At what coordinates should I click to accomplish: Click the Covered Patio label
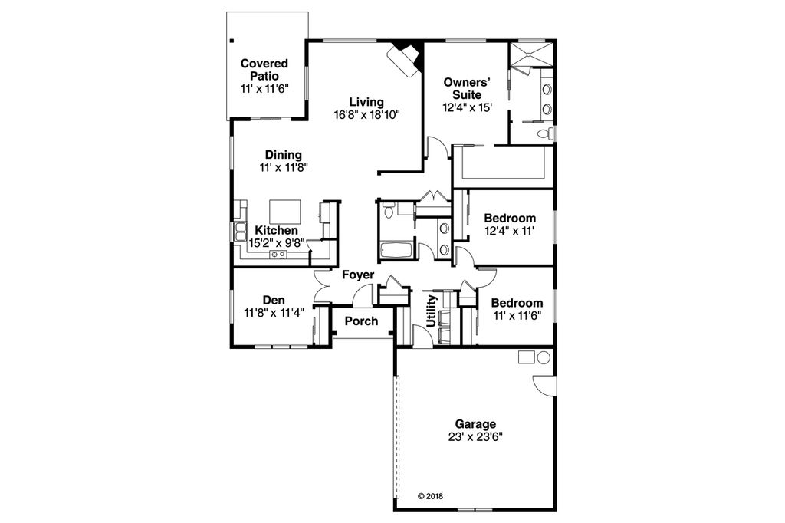(264, 70)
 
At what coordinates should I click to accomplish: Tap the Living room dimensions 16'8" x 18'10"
(366, 115)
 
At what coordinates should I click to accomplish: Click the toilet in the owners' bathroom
(544, 134)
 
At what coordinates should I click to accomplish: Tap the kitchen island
(285, 210)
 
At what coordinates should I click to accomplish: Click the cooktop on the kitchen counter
(278, 254)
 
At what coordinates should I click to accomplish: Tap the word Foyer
(358, 275)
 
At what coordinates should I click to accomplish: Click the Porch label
(361, 321)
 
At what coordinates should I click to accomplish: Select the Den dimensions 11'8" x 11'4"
(274, 312)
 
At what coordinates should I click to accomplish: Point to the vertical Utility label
(432, 311)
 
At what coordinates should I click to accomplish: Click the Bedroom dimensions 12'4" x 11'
(510, 230)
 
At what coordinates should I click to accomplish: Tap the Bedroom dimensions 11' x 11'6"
(517, 315)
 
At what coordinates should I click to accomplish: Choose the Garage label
(475, 424)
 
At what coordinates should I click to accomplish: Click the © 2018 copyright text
(430, 496)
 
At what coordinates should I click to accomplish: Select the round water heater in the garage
(544, 357)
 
